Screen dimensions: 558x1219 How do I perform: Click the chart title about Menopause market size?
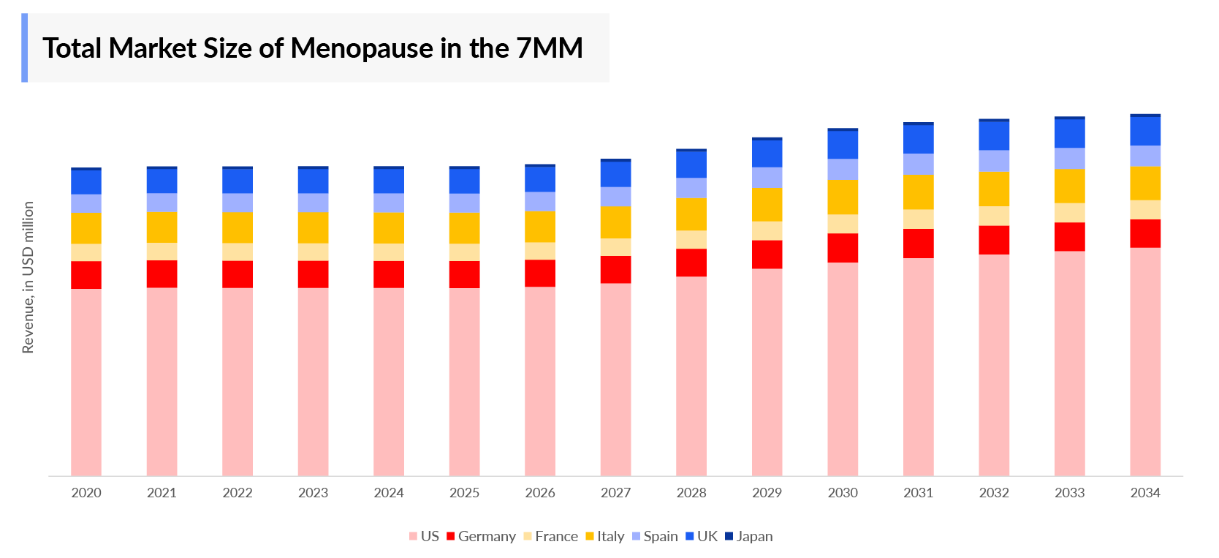312,48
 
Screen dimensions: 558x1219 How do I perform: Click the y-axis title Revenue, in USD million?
29,277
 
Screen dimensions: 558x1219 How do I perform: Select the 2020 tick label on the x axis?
86,493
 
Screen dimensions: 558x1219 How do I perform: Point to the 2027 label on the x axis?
615,493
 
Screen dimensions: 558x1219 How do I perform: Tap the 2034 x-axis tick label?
1144,493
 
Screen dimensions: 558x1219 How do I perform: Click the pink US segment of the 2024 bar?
389,380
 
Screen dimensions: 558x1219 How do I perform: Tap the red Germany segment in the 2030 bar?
843,248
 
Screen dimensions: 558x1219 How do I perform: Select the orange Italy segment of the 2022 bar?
238,227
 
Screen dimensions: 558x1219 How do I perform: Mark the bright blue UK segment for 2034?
1145,131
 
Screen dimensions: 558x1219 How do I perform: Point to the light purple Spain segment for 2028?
691,188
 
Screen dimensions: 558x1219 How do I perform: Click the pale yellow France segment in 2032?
994,216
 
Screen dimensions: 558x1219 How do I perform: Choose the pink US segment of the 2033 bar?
1069,362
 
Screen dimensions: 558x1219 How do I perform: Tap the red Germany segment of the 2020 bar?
86,275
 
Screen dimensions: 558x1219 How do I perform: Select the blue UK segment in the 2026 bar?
540,179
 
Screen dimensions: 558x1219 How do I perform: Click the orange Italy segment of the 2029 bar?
767,205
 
